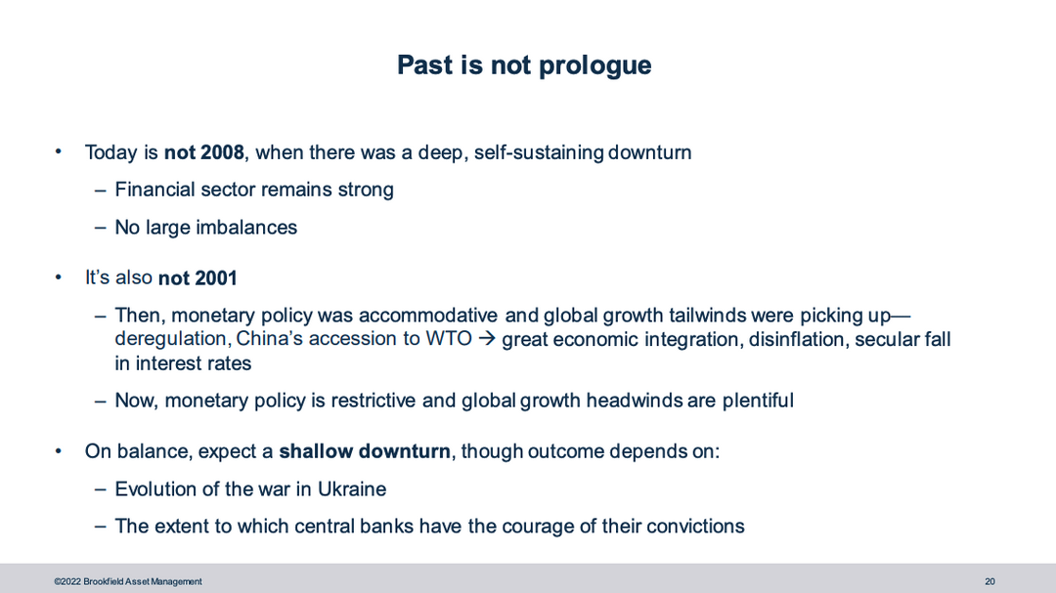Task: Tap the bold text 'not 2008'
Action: coord(204,152)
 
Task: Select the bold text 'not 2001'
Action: coord(198,278)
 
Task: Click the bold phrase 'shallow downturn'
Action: coord(365,451)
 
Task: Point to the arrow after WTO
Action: coord(486,339)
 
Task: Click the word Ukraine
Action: coord(352,488)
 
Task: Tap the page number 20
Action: coord(990,581)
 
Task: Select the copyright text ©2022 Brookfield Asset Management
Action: coord(128,581)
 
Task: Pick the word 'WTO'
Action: coord(449,339)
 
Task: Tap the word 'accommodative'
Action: coord(427,315)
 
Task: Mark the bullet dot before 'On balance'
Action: coord(59,451)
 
